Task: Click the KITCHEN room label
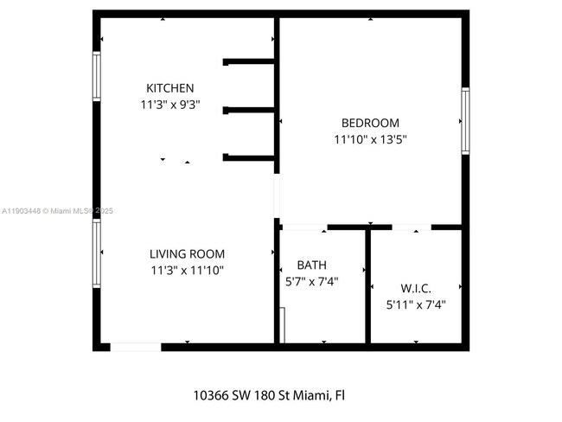(169, 88)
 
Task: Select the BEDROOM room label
(370, 123)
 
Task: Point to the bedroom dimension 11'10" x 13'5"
(370, 139)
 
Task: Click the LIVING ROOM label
(187, 254)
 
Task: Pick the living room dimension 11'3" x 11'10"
(187, 271)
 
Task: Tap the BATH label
(311, 265)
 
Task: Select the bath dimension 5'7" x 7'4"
(311, 281)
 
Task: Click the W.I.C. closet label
(415, 287)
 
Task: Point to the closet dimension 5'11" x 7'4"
(415, 304)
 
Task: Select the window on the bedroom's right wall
(465, 121)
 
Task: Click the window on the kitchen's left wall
(97, 77)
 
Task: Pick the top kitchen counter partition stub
(249, 61)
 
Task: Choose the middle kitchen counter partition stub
(249, 110)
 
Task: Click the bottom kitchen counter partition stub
(249, 157)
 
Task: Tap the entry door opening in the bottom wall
(136, 347)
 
